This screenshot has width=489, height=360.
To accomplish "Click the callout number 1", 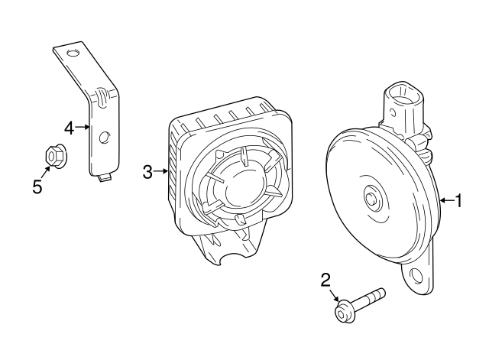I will point(459,201).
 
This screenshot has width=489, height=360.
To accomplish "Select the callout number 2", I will point(325,281).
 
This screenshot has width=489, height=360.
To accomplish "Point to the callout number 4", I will point(69,128).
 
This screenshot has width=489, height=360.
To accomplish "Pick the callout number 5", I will point(37,186).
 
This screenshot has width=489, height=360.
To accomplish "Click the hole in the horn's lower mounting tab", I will point(417,276).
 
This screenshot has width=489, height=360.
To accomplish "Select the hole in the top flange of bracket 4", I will point(73,53).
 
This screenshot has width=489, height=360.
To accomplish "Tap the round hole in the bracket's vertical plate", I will point(105,137).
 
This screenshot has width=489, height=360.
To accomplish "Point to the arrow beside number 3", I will point(160,172).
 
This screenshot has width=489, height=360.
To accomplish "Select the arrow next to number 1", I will point(446,201).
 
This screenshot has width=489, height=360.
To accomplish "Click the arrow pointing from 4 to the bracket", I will point(83,128).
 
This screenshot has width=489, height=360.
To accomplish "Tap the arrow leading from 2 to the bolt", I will point(334,296).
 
